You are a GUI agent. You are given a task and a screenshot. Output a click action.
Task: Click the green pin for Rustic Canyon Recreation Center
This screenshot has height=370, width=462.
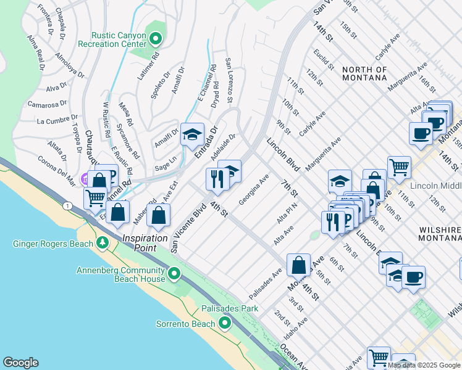[x=156, y=40]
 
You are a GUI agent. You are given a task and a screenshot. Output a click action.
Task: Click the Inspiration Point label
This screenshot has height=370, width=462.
[x=145, y=238]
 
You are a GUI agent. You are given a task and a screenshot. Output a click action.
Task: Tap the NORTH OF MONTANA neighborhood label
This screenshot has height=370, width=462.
[x=374, y=75]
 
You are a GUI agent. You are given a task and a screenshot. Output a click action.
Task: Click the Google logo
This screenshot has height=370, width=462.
[x=20, y=363]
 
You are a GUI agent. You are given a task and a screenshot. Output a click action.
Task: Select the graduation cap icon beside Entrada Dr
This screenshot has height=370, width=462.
[x=192, y=134]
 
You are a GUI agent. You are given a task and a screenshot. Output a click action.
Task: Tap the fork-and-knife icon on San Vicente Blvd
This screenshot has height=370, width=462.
[x=217, y=179]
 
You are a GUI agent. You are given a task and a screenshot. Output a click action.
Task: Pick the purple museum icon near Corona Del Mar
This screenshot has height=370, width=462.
[x=85, y=179]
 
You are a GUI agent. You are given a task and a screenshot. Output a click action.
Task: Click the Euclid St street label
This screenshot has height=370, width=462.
[x=319, y=60]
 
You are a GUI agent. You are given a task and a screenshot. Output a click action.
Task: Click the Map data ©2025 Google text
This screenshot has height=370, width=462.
[x=424, y=365]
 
